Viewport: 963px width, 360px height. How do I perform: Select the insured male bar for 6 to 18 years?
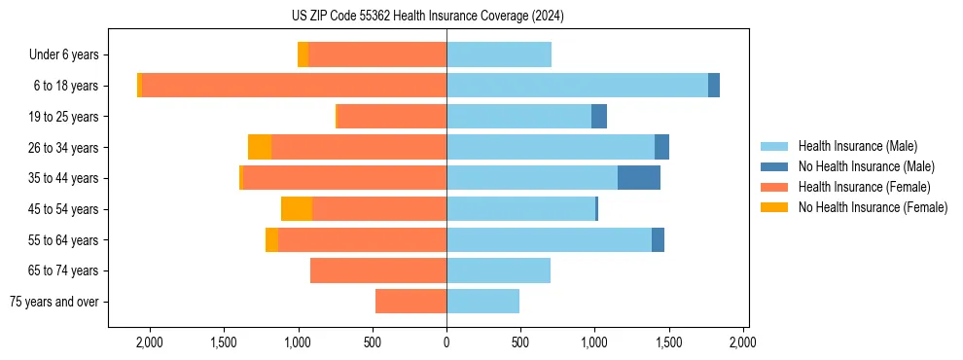click(577, 86)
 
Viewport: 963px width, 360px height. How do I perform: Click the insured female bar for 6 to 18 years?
click(294, 86)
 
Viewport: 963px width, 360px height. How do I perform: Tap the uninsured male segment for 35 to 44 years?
click(639, 178)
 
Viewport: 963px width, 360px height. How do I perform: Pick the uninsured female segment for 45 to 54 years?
click(297, 209)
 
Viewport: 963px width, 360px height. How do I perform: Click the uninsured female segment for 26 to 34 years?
click(260, 147)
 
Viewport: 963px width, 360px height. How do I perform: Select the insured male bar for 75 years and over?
click(482, 302)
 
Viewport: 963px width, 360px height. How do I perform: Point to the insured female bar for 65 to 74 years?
click(378, 270)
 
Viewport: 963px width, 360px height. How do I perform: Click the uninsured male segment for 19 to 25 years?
click(599, 117)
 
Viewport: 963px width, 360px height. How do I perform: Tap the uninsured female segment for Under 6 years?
click(303, 54)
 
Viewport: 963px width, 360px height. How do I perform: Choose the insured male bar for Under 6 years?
click(499, 54)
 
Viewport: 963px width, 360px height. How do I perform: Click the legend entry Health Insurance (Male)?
click(857, 146)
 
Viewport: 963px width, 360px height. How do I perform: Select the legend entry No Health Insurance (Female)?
click(873, 207)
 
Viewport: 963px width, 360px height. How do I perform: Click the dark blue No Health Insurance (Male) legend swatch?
click(775, 166)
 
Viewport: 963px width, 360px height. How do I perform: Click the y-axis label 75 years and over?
click(54, 302)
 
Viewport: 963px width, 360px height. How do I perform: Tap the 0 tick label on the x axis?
click(446, 342)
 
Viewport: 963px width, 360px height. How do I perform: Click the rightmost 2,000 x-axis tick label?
click(743, 342)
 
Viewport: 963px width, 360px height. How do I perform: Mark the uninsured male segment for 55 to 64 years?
click(658, 240)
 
